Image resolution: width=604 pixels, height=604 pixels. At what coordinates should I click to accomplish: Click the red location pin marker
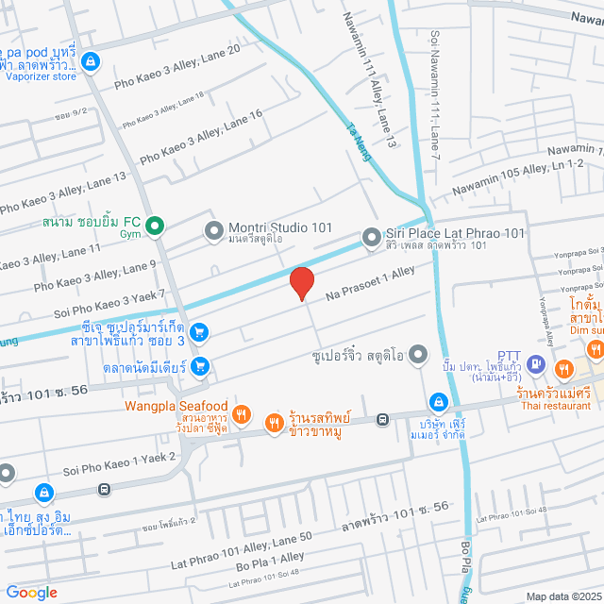pyautogui.click(x=301, y=283)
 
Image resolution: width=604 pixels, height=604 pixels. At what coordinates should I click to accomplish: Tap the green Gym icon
pyautogui.click(x=157, y=226)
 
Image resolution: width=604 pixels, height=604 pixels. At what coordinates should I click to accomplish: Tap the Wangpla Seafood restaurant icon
pyautogui.click(x=242, y=412)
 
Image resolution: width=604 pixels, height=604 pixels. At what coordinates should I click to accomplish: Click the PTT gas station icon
pyautogui.click(x=534, y=362)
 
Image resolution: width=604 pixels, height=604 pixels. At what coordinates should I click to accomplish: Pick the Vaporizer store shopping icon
pyautogui.click(x=89, y=62)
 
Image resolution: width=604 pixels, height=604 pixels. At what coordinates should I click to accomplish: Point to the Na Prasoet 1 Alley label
pyautogui.click(x=371, y=283)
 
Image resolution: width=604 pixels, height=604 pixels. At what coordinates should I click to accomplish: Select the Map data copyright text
pyautogui.click(x=562, y=596)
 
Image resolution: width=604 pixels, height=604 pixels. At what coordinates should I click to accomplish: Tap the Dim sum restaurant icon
pyautogui.click(x=596, y=349)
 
